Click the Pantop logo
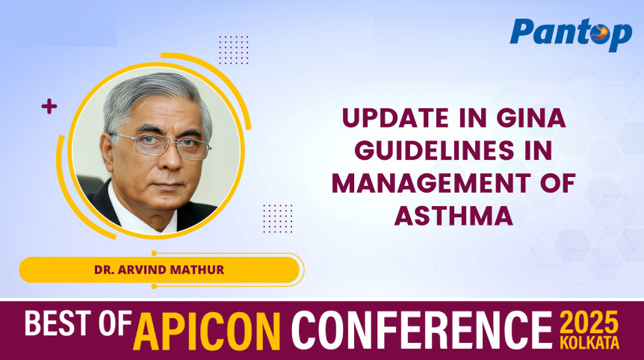coord(571,33)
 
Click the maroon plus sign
coord(49,107)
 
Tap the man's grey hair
coord(153,93)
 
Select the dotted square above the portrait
coord(234,50)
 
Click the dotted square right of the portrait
coord(278,217)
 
